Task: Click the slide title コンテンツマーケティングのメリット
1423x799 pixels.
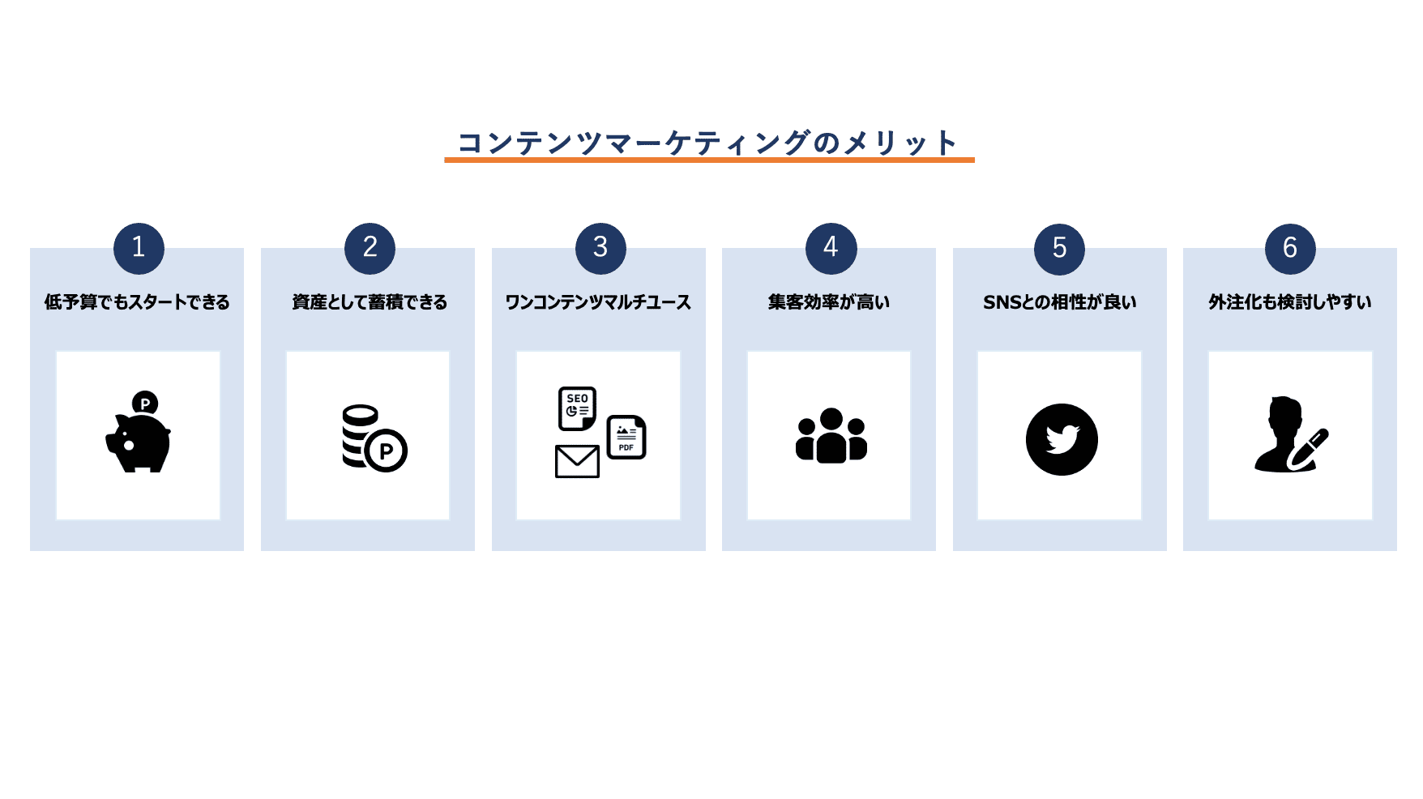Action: click(708, 143)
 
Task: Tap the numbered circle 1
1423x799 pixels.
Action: click(139, 248)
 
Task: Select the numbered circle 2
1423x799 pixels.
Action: click(370, 248)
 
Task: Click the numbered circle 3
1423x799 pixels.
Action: click(600, 248)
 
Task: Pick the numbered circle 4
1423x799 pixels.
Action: click(831, 248)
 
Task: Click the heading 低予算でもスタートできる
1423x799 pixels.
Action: click(137, 302)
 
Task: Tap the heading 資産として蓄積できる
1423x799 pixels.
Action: click(370, 302)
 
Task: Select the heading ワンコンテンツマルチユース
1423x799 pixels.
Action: click(598, 302)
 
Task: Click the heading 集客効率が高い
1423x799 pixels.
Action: click(829, 302)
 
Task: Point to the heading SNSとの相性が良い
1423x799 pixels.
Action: click(1059, 302)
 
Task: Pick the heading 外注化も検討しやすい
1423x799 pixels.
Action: click(1289, 302)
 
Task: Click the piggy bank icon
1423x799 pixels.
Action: click(139, 442)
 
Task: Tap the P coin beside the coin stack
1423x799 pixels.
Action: click(386, 451)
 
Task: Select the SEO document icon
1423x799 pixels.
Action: click(577, 408)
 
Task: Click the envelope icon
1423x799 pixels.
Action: click(577, 461)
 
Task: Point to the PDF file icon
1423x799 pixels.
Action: click(626, 438)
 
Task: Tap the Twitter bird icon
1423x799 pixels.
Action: click(1062, 439)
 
